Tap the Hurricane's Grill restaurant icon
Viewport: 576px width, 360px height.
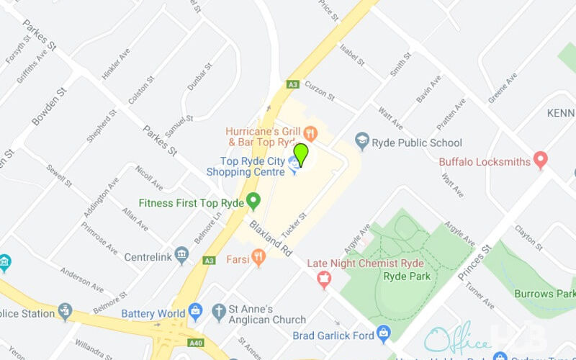[311, 132]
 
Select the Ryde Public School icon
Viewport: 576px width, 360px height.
[362, 139]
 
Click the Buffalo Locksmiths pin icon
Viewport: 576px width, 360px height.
[541, 158]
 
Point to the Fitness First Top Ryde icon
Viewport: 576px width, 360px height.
[253, 200]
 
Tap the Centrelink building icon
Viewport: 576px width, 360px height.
[181, 254]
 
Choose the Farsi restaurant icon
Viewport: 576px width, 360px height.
[258, 256]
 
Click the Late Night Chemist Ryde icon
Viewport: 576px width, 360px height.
[323, 278]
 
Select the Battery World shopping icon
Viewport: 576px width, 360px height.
[195, 312]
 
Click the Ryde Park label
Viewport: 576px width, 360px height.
[407, 276]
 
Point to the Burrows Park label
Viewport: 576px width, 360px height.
[544, 294]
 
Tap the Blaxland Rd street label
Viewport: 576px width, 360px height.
[271, 240]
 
